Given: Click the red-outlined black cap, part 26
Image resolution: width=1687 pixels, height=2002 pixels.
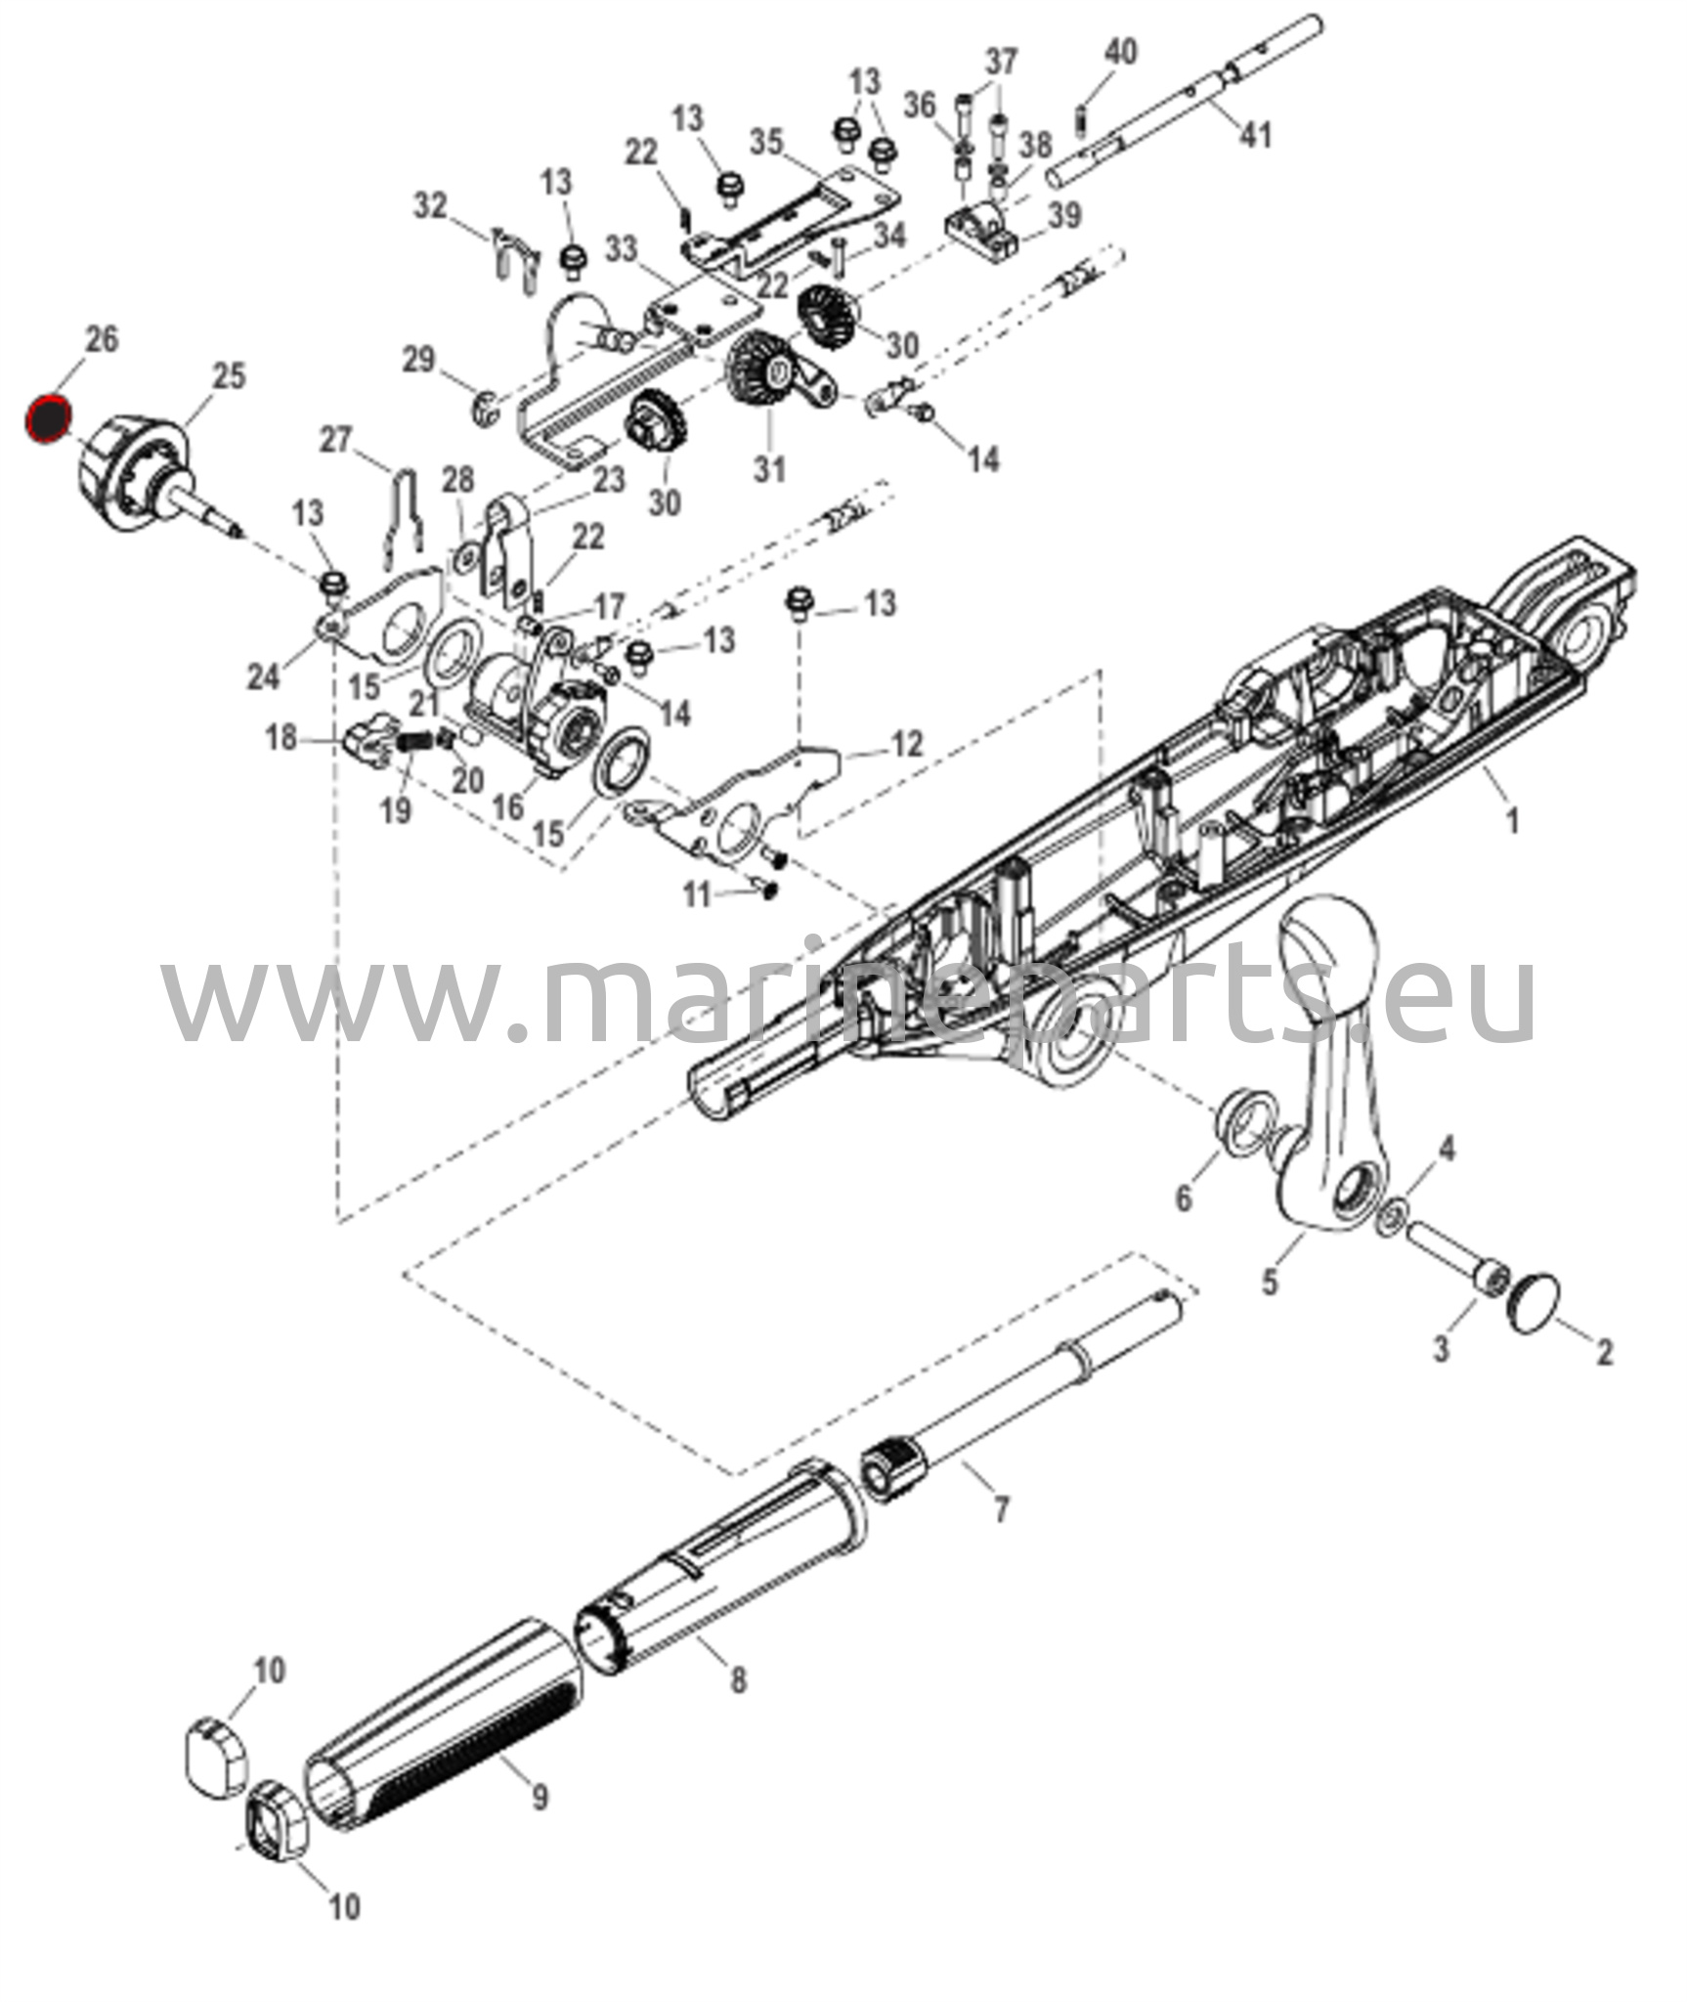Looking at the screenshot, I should (49, 419).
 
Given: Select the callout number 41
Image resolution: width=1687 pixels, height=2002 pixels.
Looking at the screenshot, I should (1255, 134).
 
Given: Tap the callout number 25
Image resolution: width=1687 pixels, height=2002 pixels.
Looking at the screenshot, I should (229, 376).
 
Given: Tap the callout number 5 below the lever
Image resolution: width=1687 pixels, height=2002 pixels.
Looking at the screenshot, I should (1269, 1281).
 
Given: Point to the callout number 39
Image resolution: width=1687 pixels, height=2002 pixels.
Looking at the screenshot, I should (1065, 214).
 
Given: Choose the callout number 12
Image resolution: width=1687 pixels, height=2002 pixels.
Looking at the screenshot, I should (906, 744).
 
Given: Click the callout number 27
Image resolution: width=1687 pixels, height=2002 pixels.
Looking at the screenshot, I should (335, 440).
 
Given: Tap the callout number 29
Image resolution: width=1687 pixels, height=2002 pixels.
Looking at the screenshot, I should (418, 359).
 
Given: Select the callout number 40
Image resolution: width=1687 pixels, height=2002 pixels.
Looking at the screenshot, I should (1120, 51).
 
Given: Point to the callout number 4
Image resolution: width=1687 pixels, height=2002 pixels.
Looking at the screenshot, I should (1447, 1150).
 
